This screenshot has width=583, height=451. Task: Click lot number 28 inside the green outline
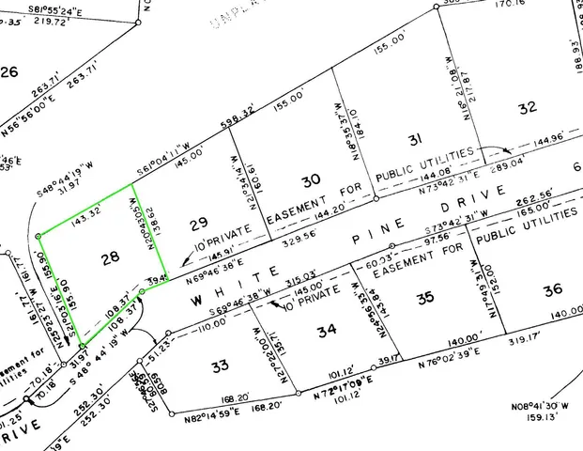coord(111,257)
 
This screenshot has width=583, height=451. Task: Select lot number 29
coord(197,223)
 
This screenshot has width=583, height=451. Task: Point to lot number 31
coord(414,139)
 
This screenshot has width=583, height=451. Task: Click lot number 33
coord(220,365)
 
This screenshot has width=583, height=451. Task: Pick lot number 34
coord(326,331)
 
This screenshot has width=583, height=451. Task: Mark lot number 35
coord(425,298)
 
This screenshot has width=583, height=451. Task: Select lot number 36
coord(552,289)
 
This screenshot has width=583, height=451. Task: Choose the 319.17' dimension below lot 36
coord(525,332)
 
